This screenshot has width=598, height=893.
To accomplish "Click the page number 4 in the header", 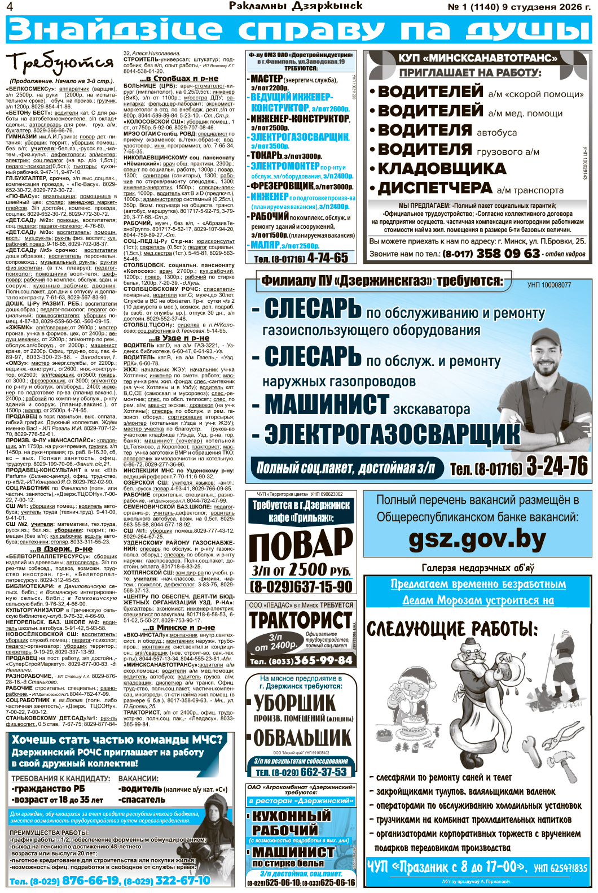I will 9,7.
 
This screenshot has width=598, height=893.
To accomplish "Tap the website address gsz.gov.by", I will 477,540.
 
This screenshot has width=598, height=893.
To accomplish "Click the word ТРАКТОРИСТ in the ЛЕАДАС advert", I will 301,620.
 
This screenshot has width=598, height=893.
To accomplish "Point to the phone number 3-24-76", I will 557,467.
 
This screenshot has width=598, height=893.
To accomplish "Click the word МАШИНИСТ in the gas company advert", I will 327,405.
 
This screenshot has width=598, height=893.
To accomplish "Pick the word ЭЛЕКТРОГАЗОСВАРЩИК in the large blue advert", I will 392,434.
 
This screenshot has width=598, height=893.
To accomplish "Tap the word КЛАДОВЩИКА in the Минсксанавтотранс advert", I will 442,168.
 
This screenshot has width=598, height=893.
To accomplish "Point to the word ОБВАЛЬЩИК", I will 302,738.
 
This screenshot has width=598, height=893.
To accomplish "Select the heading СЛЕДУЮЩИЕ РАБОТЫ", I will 452,629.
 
